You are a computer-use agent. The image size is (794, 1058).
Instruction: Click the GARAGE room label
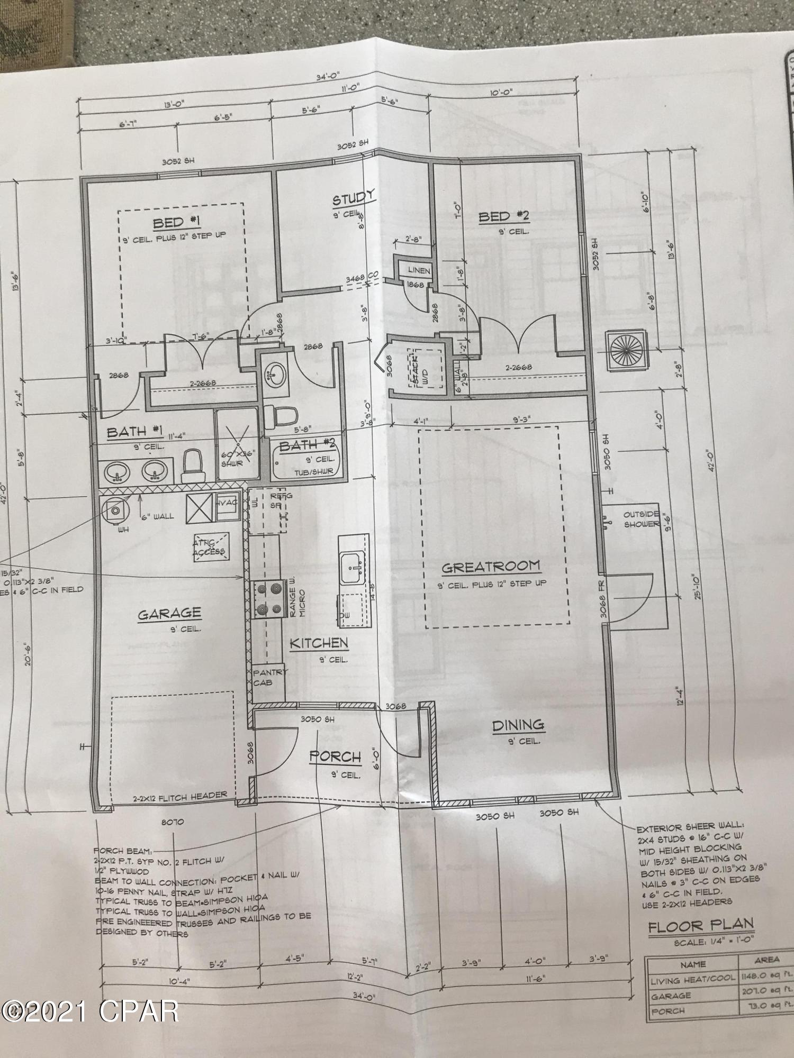pyautogui.click(x=169, y=614)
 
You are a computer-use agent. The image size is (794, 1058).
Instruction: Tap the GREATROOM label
pyautogui.click(x=491, y=567)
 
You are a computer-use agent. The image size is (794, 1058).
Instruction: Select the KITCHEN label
pyautogui.click(x=319, y=643)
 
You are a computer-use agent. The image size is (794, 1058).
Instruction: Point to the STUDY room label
pyautogui.click(x=354, y=198)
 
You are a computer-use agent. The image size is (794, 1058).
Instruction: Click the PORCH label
pyautogui.click(x=335, y=757)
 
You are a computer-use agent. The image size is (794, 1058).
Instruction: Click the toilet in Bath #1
pyautogui.click(x=193, y=461)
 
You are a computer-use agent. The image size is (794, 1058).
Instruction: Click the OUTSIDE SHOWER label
pyautogui.click(x=641, y=519)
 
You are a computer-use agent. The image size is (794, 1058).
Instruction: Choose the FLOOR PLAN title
pyautogui.click(x=700, y=925)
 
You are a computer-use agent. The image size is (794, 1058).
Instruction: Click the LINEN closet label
pyautogui.click(x=419, y=270)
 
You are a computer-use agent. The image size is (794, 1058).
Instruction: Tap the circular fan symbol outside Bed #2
pyautogui.click(x=627, y=350)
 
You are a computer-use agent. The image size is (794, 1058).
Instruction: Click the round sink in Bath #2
pyautogui.click(x=276, y=374)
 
